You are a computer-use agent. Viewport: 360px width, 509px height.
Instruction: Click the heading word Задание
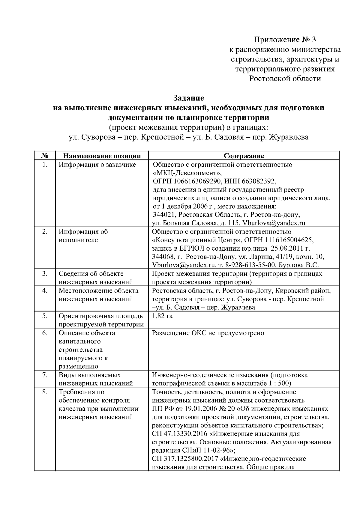pyautogui.click(x=189, y=98)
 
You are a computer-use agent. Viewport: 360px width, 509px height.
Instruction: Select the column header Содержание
pyautogui.click(x=244, y=156)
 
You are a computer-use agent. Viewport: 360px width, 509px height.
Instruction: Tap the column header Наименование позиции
pyautogui.click(x=102, y=156)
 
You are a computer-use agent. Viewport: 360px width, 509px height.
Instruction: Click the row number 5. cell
pyautogui.click(x=44, y=316)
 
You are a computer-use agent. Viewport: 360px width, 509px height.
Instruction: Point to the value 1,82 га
pyautogui.click(x=162, y=316)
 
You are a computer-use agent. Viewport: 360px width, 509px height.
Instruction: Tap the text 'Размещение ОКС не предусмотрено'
pyautogui.click(x=208, y=333)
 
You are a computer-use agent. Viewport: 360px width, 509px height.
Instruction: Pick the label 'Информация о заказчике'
pyautogui.click(x=97, y=165)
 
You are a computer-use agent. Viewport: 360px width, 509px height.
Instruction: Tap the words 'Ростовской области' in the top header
pyautogui.click(x=285, y=79)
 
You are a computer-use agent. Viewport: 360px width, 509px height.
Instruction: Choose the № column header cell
pyautogui.click(x=44, y=156)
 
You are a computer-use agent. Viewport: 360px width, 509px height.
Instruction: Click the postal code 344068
pyautogui.click(x=162, y=257)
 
